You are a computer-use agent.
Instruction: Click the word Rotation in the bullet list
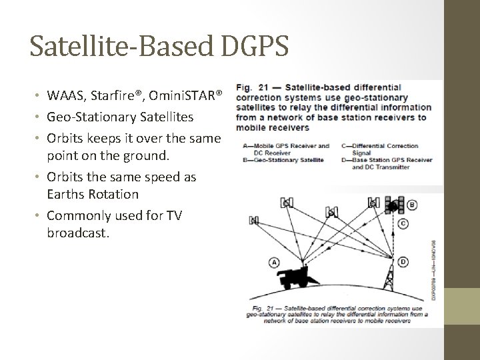click(117, 195)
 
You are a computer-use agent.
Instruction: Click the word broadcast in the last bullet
click(77, 234)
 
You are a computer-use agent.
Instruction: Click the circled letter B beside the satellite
click(413, 205)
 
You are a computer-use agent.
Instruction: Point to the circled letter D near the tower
click(403, 263)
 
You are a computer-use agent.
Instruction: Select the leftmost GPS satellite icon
click(254, 219)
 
